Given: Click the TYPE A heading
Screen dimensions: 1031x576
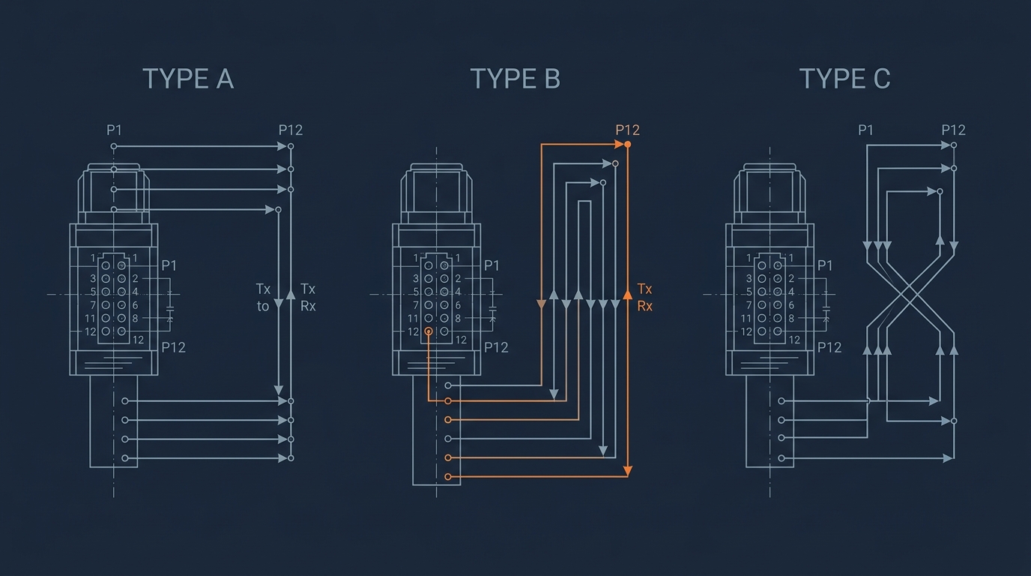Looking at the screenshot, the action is pyautogui.click(x=188, y=79).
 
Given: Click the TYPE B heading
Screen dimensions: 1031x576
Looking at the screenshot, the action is pyautogui.click(x=515, y=79).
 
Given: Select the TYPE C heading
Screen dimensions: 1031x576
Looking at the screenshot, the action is pyautogui.click(x=844, y=79).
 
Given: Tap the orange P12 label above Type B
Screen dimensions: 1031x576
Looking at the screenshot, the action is pyautogui.click(x=627, y=130).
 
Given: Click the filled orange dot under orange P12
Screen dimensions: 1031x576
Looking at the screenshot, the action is pyautogui.click(x=627, y=145).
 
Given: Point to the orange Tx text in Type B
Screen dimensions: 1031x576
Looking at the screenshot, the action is pyautogui.click(x=644, y=289).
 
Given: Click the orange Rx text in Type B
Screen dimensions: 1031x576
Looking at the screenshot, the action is pyautogui.click(x=645, y=306).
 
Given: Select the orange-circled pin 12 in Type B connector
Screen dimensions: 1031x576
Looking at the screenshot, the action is pyautogui.click(x=429, y=331).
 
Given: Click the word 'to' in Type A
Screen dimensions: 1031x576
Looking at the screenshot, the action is pyautogui.click(x=263, y=306).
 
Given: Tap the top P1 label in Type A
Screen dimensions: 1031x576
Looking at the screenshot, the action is pyautogui.click(x=114, y=130).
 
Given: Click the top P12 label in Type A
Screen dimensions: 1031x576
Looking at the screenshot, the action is pyautogui.click(x=291, y=130).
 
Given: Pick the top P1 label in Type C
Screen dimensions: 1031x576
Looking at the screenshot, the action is pyautogui.click(x=865, y=130).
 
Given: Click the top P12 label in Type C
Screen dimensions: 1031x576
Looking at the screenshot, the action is pyautogui.click(x=953, y=130).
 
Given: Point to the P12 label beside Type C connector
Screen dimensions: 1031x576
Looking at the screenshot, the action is pyautogui.click(x=829, y=347).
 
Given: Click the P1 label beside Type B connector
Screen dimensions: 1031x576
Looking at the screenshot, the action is pyautogui.click(x=492, y=265).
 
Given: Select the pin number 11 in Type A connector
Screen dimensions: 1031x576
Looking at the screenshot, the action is pyautogui.click(x=90, y=319).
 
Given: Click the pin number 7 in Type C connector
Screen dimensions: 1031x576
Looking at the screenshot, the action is pyautogui.click(x=749, y=305).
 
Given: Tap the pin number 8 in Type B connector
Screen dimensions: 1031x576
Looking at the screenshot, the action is pyautogui.click(x=458, y=319).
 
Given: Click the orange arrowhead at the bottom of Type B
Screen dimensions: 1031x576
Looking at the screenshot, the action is pyautogui.click(x=627, y=471).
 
